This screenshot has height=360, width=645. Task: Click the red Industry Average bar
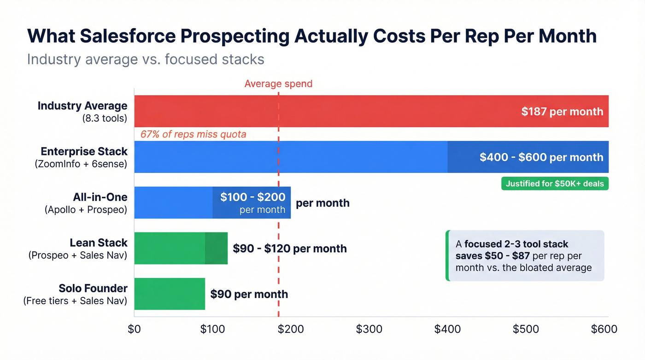[322, 111]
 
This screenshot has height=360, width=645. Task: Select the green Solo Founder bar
[170, 294]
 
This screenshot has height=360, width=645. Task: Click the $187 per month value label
[562, 111]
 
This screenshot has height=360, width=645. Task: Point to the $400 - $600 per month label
[541, 157]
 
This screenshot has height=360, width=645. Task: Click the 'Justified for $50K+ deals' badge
[555, 183]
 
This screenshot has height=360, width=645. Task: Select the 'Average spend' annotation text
[278, 83]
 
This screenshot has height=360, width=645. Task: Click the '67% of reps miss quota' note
[193, 134]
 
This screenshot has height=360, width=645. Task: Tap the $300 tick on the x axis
[369, 329]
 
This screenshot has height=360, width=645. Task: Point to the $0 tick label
[134, 329]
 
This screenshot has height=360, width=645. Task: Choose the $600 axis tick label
[604, 329]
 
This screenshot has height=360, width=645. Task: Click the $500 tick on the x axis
[526, 329]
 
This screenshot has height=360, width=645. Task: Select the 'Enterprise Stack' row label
[84, 152]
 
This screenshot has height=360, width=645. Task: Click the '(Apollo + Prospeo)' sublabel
[86, 209]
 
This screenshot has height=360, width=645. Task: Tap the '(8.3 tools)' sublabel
[105, 118]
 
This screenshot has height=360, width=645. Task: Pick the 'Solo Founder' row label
[93, 289]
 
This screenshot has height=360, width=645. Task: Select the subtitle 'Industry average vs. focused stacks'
[146, 59]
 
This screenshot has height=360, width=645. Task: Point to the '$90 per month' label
[249, 294]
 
